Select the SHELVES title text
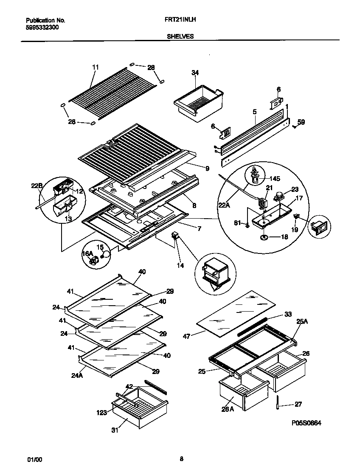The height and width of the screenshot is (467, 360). coord(180,37)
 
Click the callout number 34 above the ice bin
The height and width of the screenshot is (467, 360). coord(195,73)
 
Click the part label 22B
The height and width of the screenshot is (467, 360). coord(37,186)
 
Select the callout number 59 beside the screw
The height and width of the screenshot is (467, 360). coord(301,122)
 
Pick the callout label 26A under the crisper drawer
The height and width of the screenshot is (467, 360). coord(228,409)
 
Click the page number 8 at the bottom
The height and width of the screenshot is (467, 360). coord(181,458)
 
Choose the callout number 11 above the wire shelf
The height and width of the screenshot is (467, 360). coord(95,67)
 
